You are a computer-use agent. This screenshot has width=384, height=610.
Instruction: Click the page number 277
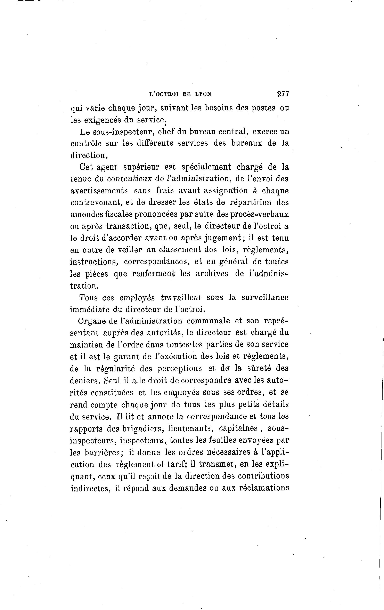[x=283, y=94]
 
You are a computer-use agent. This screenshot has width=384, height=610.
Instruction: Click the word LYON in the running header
[x=203, y=94]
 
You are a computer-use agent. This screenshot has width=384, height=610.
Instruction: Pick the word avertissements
[x=99, y=191]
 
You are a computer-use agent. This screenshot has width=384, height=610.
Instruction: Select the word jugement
[x=223, y=238]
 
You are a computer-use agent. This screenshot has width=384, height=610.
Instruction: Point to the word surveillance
[x=265, y=297]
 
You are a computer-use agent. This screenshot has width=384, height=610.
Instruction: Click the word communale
[x=208, y=321]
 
